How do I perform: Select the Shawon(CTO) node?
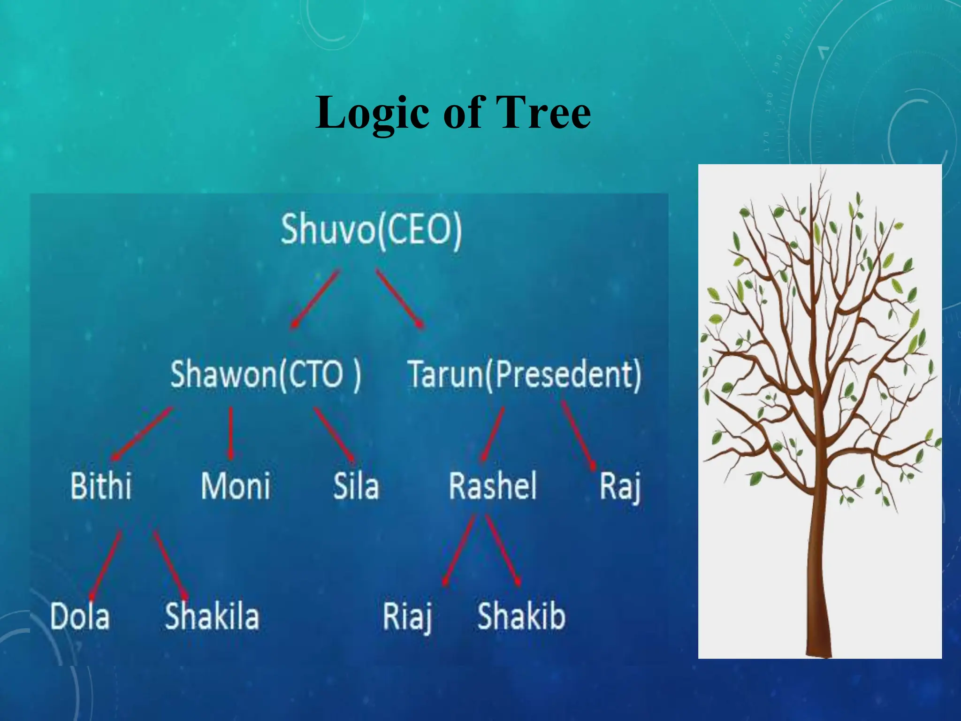click(x=266, y=375)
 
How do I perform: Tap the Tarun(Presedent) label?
click(x=524, y=375)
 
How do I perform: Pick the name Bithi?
click(x=101, y=486)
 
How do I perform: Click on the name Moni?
click(x=236, y=486)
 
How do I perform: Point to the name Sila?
click(x=356, y=486)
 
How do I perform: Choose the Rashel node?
click(x=493, y=486)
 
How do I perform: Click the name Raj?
click(x=620, y=487)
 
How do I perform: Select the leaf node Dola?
click(x=80, y=616)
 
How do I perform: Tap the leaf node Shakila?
click(x=212, y=616)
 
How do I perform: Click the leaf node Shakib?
click(x=521, y=616)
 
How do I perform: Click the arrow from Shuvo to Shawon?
click(x=315, y=298)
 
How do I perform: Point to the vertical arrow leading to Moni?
click(x=230, y=433)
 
